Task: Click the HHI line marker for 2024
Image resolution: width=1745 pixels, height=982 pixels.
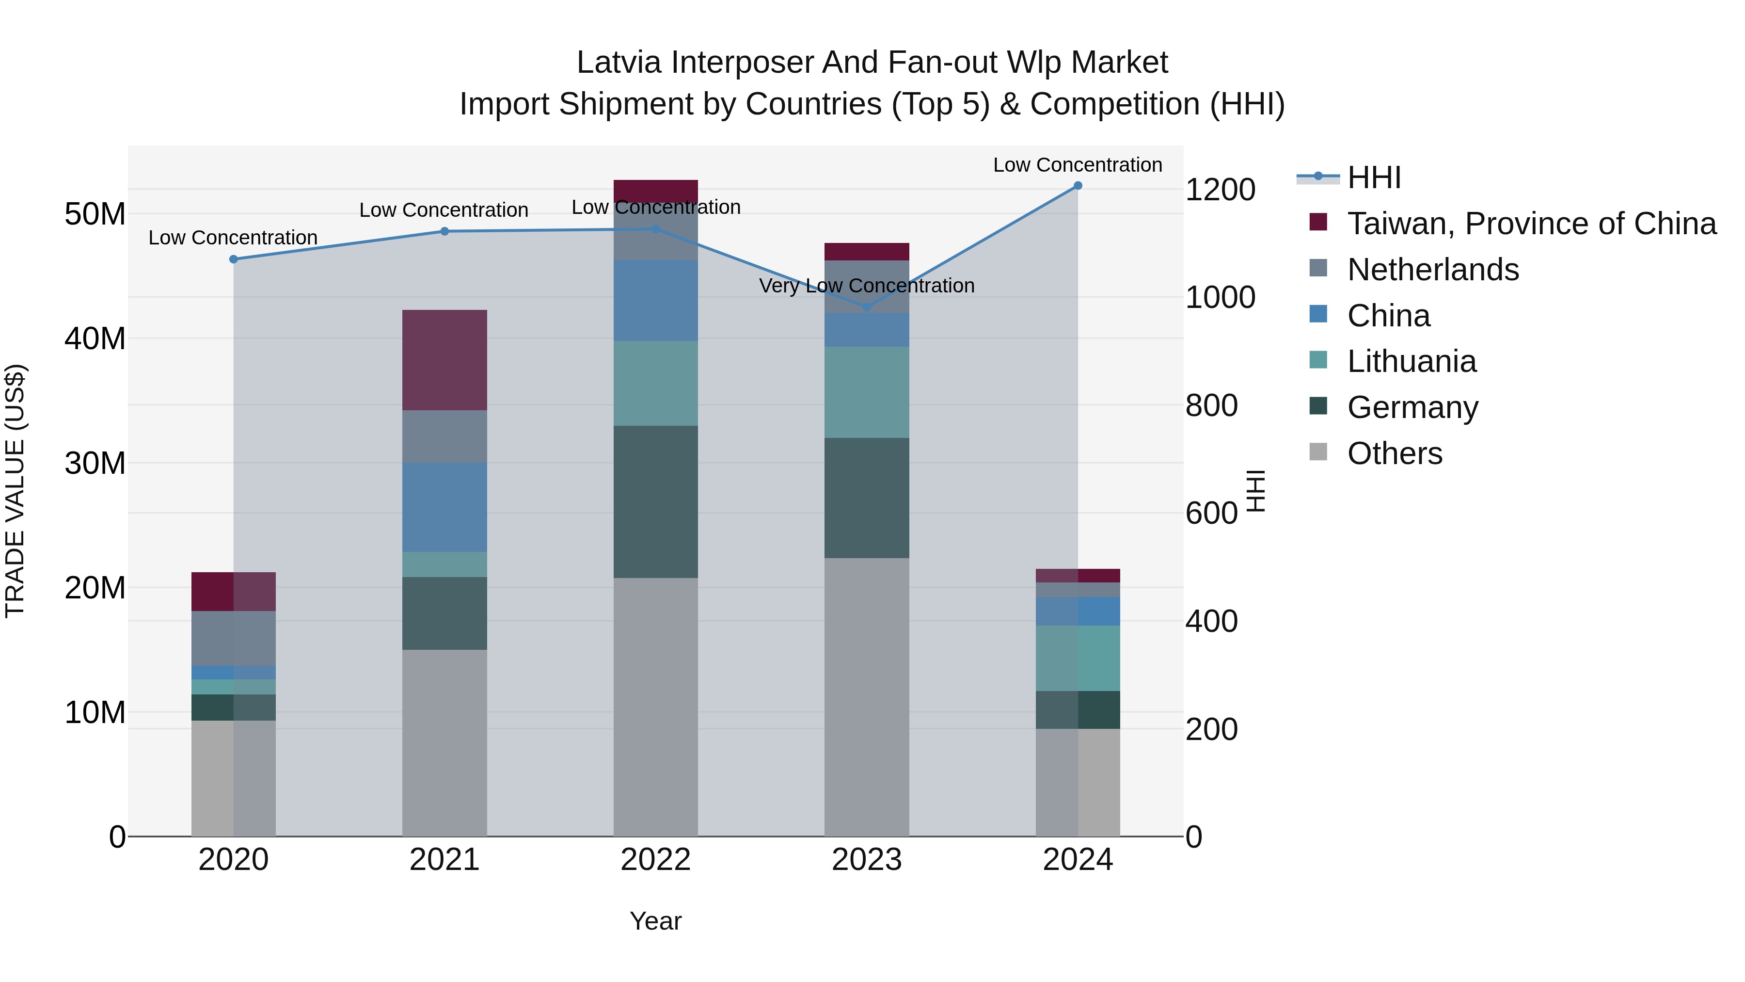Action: [x=1078, y=186]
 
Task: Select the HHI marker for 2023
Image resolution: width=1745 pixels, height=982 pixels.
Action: [x=866, y=307]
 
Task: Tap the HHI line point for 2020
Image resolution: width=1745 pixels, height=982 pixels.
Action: [x=234, y=259]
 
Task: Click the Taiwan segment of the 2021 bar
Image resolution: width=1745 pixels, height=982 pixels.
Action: [x=444, y=360]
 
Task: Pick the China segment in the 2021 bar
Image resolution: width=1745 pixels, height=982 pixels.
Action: [x=444, y=507]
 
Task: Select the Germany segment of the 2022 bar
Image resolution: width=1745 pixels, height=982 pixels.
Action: [x=655, y=501]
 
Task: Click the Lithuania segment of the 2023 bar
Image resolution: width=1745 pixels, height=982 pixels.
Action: [x=866, y=392]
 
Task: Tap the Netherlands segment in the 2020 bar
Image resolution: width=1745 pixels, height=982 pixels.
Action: [x=234, y=638]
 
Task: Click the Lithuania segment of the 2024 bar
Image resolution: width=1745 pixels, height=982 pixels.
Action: [x=1078, y=658]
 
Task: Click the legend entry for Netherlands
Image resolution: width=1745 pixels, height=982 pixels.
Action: [x=1433, y=270]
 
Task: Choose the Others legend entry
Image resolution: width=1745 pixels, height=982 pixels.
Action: [x=1394, y=453]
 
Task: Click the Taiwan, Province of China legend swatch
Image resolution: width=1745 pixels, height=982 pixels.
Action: [x=1318, y=222]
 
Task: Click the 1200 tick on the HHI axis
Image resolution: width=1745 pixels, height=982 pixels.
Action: [x=1220, y=190]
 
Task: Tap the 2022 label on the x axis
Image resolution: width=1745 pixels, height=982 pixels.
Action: [x=655, y=860]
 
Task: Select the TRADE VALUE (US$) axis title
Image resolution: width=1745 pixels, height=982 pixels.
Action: [x=15, y=491]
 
